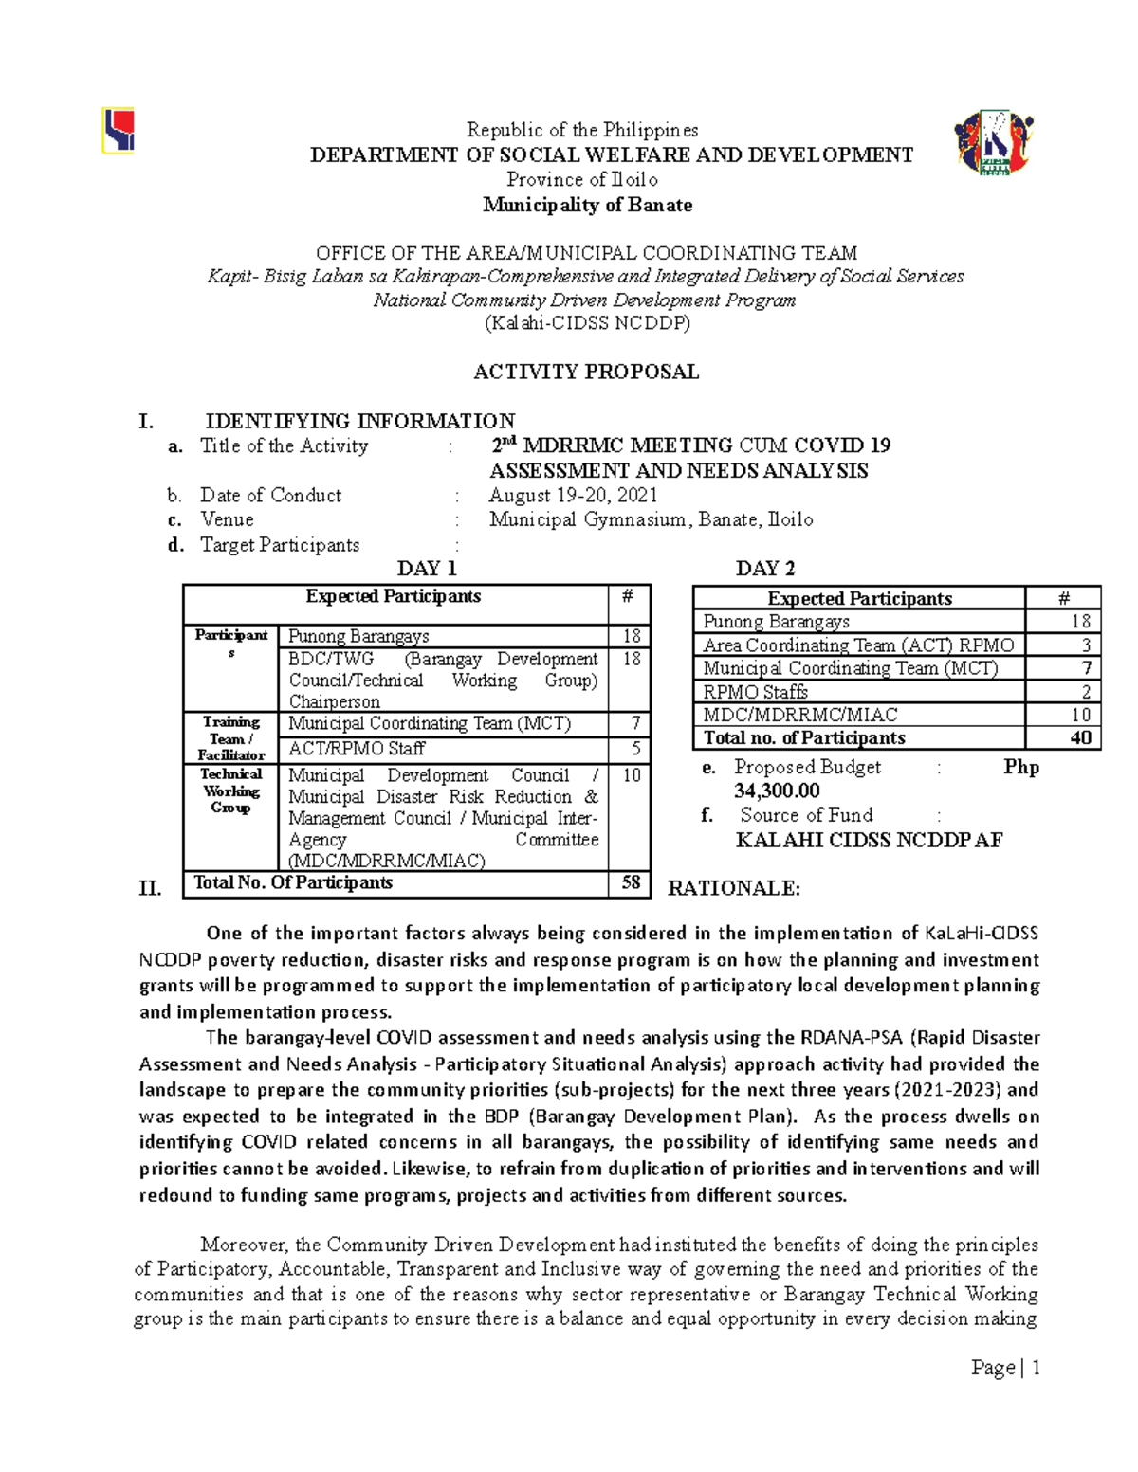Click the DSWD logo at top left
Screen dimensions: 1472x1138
click(119, 131)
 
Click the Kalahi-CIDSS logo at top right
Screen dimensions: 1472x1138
click(994, 143)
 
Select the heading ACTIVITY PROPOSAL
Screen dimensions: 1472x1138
click(586, 372)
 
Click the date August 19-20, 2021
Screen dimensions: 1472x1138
click(573, 495)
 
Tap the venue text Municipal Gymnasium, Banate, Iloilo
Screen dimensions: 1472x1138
click(651, 519)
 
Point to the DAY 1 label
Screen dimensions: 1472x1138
click(427, 569)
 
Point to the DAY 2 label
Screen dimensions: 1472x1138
click(765, 569)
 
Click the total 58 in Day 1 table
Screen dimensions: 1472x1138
click(631, 882)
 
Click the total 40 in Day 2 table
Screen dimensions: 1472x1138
click(1080, 737)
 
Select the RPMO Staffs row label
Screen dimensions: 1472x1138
click(756, 692)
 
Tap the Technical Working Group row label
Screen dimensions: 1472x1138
click(230, 791)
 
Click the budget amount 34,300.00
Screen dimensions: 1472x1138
click(777, 791)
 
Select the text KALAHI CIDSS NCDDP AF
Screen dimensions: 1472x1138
click(869, 840)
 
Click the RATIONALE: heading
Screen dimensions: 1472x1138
click(734, 888)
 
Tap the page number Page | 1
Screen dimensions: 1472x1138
click(1005, 1367)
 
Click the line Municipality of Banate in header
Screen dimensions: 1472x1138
click(587, 205)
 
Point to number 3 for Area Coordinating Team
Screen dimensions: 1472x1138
click(1086, 645)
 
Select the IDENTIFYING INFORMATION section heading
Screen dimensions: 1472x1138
click(360, 421)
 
